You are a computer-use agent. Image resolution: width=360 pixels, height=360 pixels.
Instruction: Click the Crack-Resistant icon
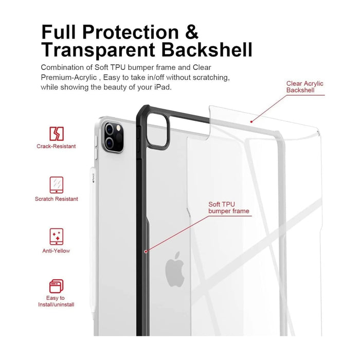click(57, 133)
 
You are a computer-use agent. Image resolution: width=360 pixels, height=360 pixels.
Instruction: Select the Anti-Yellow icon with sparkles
click(57, 237)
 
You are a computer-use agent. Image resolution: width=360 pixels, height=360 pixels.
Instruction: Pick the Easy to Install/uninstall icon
click(57, 286)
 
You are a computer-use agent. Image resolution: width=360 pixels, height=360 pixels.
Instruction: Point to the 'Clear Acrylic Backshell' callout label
click(305, 87)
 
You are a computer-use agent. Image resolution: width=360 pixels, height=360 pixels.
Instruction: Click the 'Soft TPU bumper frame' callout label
click(228, 208)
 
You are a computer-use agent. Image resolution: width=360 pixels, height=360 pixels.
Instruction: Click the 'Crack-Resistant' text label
click(57, 147)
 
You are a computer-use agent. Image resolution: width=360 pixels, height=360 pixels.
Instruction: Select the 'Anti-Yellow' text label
click(57, 251)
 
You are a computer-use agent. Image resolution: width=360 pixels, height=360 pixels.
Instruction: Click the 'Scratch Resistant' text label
click(57, 199)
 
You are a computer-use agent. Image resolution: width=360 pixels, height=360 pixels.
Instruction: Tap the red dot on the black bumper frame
click(146, 251)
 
